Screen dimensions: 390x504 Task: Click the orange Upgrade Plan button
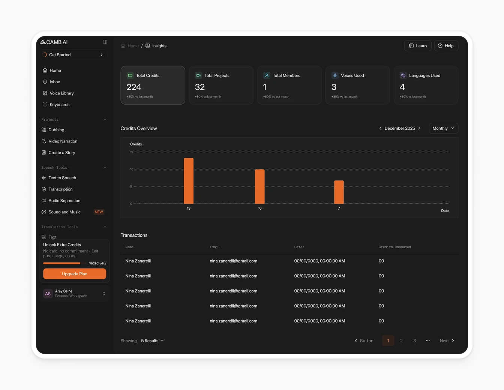(x=75, y=274)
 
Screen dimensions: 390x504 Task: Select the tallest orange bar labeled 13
(x=189, y=181)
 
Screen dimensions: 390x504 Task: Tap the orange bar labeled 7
(x=339, y=192)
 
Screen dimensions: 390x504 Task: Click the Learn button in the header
(x=418, y=46)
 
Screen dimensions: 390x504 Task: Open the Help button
(x=446, y=46)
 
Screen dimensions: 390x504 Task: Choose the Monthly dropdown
(x=443, y=128)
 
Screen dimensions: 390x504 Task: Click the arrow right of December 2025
(x=419, y=128)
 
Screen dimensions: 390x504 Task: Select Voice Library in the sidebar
(x=61, y=93)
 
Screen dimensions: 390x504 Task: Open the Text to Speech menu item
(x=62, y=178)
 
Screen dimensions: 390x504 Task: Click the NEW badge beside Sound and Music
(x=99, y=212)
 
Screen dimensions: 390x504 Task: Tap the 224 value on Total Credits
(x=134, y=87)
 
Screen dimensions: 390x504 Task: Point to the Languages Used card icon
(x=403, y=75)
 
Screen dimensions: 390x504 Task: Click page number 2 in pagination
(x=401, y=341)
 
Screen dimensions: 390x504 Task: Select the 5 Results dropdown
(x=152, y=341)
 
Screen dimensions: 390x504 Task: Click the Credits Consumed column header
(x=394, y=247)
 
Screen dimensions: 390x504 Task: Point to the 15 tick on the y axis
(x=132, y=152)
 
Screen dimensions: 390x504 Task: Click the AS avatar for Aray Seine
(x=48, y=294)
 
